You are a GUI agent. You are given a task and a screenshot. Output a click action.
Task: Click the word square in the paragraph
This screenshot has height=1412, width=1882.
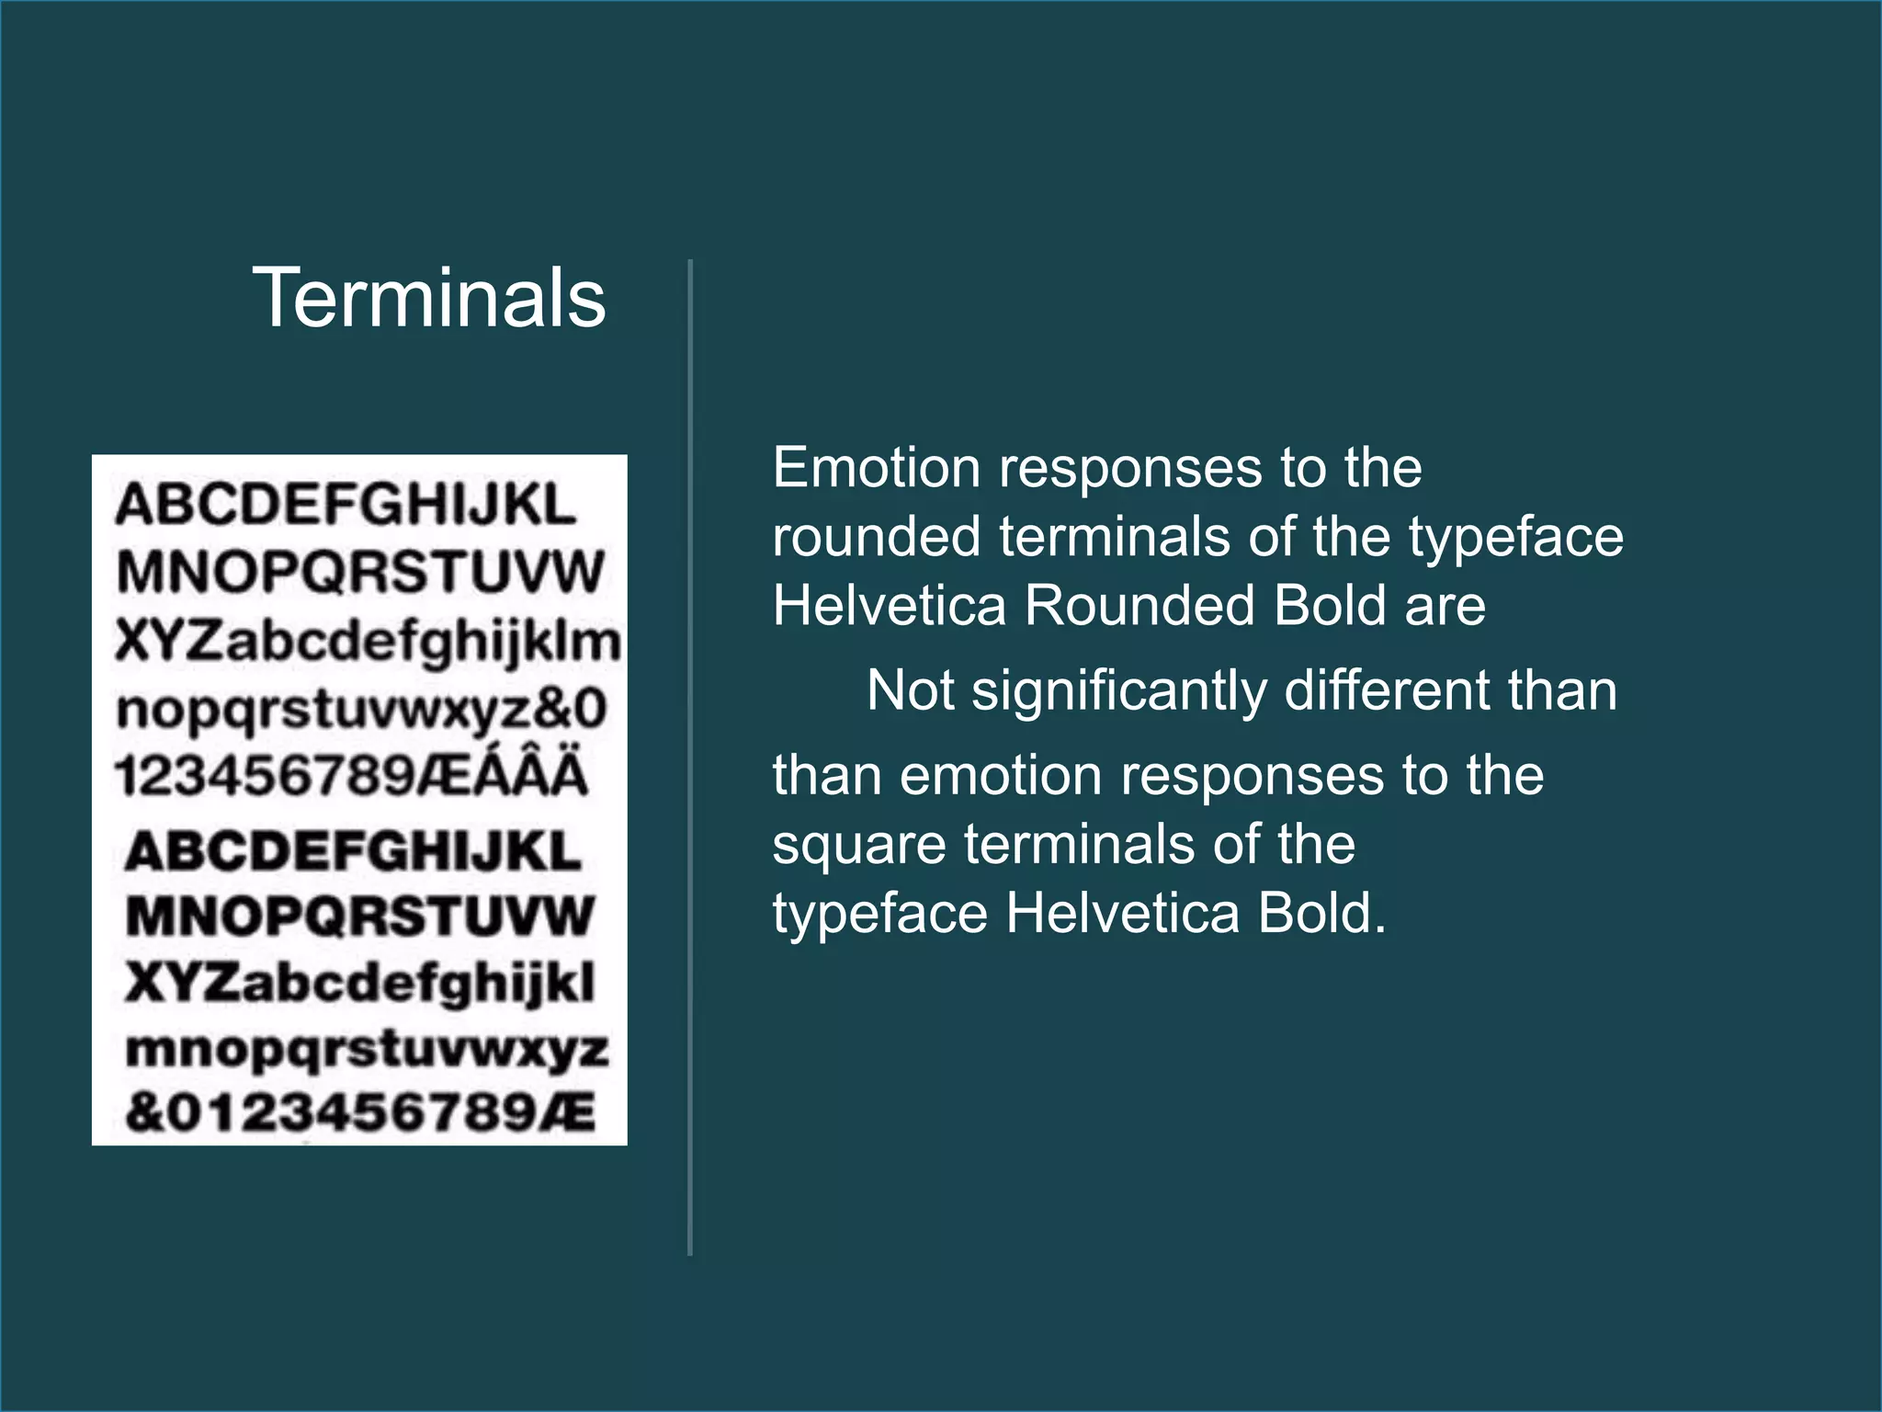pos(859,846)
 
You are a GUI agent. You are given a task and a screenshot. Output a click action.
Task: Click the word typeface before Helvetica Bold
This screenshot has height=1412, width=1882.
pos(879,915)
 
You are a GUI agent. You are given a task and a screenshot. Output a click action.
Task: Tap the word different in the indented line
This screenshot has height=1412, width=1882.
pos(1389,690)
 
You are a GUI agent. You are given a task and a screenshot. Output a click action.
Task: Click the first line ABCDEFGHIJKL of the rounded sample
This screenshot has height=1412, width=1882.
pos(346,505)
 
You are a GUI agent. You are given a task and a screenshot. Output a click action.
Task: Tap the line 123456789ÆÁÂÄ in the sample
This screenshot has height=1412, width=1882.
pos(351,775)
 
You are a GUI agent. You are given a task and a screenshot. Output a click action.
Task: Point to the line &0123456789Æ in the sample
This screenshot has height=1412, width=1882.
pos(360,1112)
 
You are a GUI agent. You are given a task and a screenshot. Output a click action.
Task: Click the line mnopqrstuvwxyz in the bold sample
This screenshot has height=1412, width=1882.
pos(367,1050)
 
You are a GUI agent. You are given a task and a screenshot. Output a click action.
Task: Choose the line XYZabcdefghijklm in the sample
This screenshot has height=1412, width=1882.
pos(368,641)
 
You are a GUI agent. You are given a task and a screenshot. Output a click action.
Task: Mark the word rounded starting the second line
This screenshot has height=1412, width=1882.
pos(876,537)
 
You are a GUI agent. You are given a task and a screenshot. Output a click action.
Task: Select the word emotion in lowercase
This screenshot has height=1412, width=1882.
pos(1001,776)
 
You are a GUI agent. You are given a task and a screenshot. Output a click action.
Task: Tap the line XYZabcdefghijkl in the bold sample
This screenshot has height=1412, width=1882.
pos(360,983)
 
